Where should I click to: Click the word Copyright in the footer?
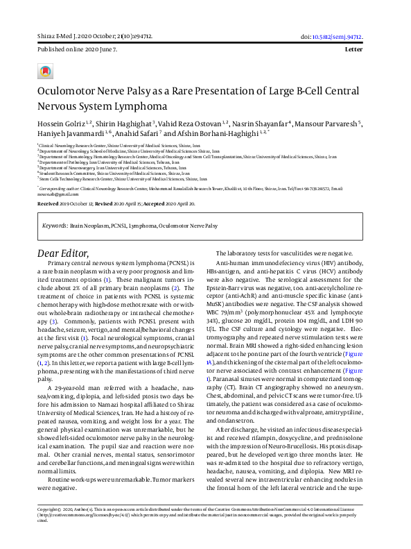(51, 527)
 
